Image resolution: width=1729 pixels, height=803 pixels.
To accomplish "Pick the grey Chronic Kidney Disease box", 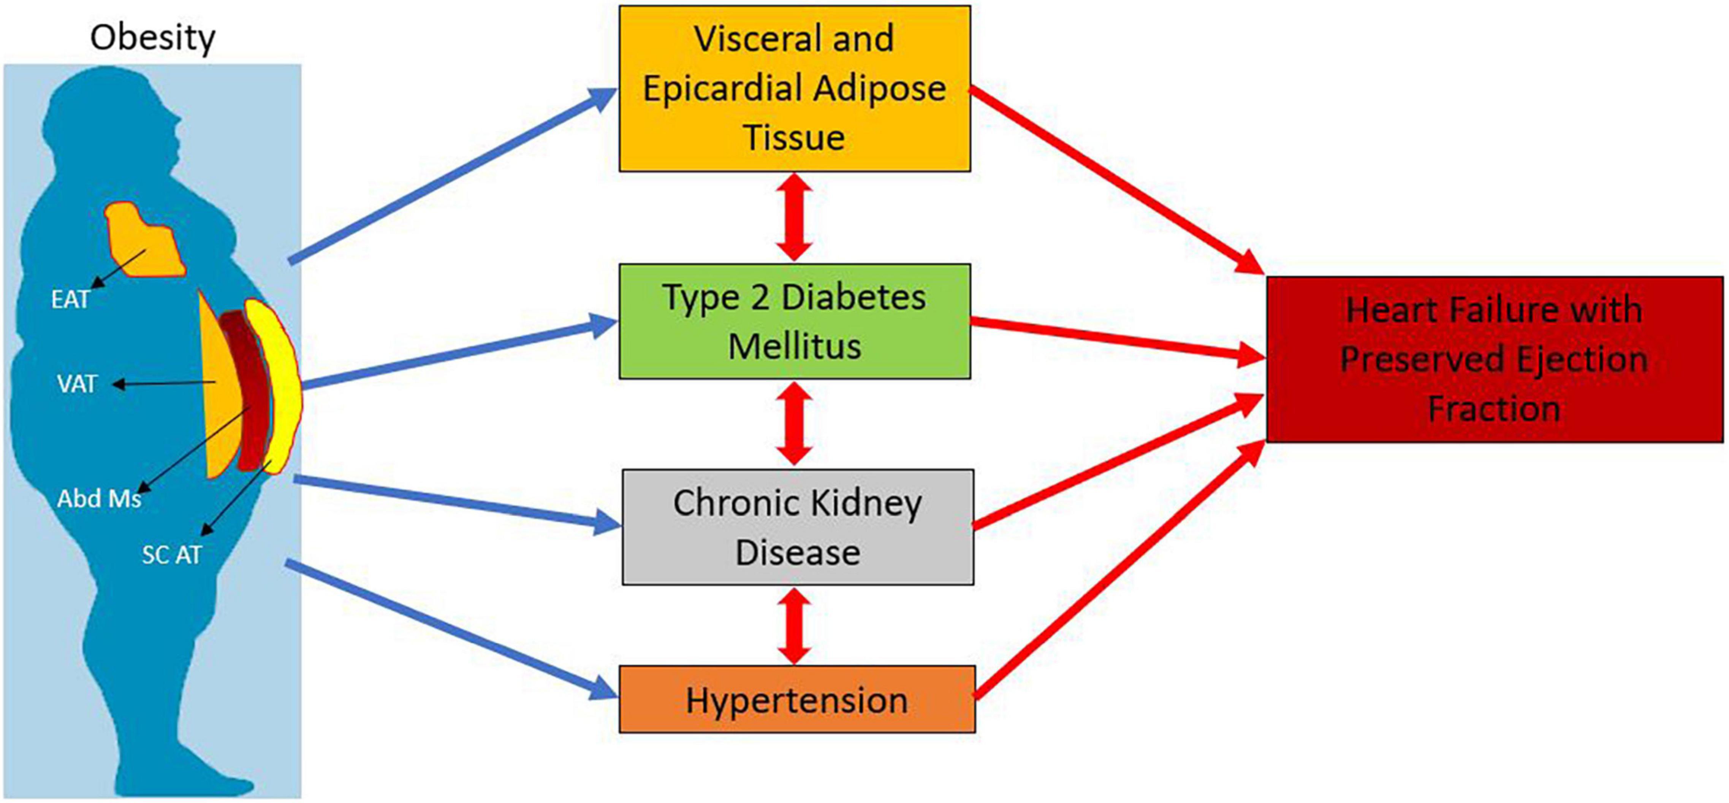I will (x=797, y=527).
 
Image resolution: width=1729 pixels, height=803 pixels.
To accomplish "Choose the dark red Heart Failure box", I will (x=1494, y=359).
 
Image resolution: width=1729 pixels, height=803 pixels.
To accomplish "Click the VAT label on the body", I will (x=77, y=384).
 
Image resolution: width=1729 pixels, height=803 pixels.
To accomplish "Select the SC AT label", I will (x=172, y=555).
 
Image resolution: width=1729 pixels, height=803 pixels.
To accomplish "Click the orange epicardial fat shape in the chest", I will (x=144, y=242).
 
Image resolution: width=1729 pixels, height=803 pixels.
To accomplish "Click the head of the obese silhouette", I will (x=114, y=128).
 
